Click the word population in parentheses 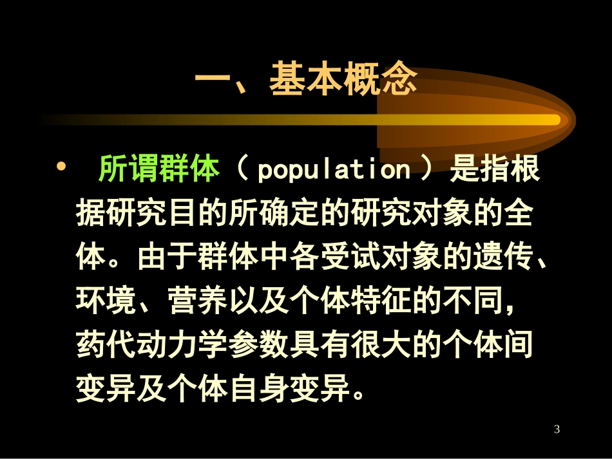click(334, 170)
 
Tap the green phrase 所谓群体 click(159, 170)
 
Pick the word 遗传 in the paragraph click(499, 258)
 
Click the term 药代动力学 click(151, 345)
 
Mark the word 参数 click(258, 345)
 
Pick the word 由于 click(166, 258)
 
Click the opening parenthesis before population click(242, 170)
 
